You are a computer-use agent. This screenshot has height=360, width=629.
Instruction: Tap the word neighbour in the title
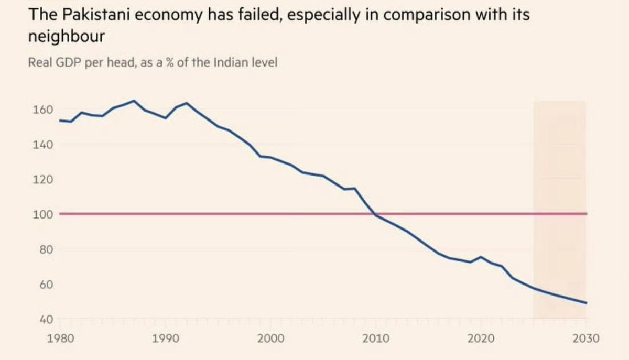pyautogui.click(x=70, y=37)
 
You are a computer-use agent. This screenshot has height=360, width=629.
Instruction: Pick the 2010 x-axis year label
pyautogui.click(x=375, y=339)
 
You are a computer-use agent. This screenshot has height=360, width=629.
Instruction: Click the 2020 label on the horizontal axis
pyautogui.click(x=481, y=339)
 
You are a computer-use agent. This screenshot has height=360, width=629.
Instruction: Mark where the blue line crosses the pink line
pyautogui.click(x=374, y=214)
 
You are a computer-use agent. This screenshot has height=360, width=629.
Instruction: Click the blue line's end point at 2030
pyautogui.click(x=586, y=303)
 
